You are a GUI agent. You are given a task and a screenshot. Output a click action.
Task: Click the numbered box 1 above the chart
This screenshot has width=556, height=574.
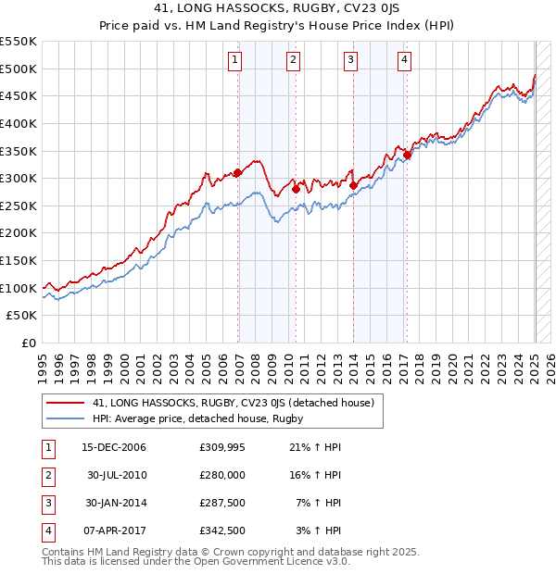235,62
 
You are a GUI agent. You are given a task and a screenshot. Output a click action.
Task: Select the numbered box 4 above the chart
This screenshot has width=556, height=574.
405,62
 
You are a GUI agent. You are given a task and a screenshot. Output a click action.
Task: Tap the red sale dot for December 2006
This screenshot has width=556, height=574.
238,172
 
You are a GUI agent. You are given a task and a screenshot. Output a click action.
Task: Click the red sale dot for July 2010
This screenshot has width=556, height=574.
296,189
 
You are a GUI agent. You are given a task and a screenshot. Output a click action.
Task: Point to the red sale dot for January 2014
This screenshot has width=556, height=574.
354,185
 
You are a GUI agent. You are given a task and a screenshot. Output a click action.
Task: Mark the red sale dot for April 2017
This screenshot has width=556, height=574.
407,155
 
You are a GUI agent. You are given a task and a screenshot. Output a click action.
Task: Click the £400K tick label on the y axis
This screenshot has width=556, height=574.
19,123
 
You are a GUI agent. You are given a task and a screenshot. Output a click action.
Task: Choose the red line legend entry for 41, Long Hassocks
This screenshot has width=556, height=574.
233,403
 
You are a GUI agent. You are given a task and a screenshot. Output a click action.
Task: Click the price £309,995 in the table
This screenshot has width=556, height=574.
221,447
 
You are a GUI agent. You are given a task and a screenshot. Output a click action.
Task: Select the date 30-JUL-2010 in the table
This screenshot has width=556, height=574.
117,475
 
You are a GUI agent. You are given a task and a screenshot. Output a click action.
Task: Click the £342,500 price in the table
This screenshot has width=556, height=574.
221,530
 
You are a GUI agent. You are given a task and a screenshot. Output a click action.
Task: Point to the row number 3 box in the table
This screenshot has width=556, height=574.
47,503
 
